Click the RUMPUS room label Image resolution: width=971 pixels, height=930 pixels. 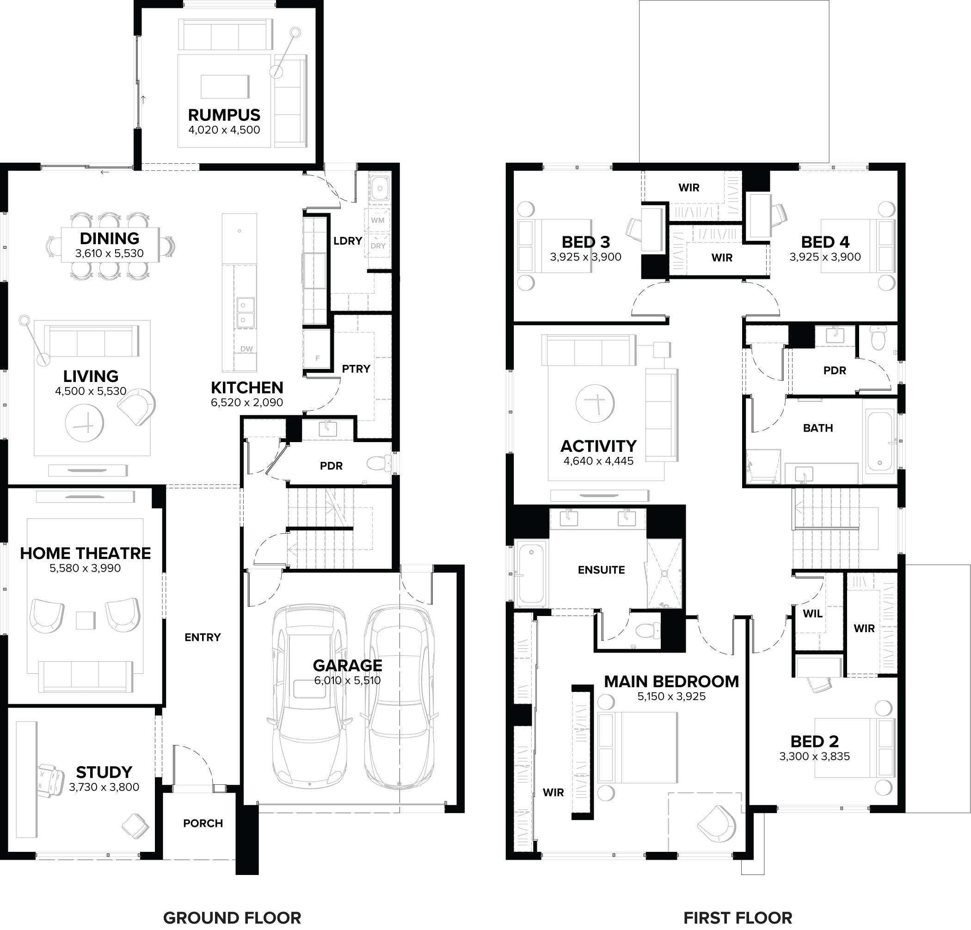[x=224, y=115]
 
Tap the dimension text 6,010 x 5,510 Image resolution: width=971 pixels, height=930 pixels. [x=347, y=680]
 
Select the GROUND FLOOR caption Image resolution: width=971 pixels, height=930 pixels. [x=232, y=918]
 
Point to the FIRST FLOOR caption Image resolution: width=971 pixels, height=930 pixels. [x=737, y=918]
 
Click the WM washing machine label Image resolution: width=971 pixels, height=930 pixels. [x=377, y=220]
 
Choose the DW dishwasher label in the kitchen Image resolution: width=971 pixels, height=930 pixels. [x=246, y=349]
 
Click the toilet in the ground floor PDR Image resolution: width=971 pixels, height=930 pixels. [x=380, y=463]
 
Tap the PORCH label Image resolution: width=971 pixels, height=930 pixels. [x=203, y=823]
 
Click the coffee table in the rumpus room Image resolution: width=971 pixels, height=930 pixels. [x=225, y=86]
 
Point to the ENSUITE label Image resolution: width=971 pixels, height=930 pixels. [x=601, y=570]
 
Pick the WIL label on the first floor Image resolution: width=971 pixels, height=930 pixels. [x=812, y=613]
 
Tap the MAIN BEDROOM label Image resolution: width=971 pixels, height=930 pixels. [x=671, y=682]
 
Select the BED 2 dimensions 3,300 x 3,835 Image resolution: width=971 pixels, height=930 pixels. [x=814, y=756]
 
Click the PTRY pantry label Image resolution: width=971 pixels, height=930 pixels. [x=356, y=369]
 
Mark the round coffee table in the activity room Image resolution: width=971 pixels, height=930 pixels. [x=595, y=403]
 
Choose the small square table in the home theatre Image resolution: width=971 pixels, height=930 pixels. [x=85, y=620]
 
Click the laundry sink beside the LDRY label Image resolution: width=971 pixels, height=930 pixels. [x=380, y=188]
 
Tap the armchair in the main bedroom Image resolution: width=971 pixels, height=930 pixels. [x=717, y=824]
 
